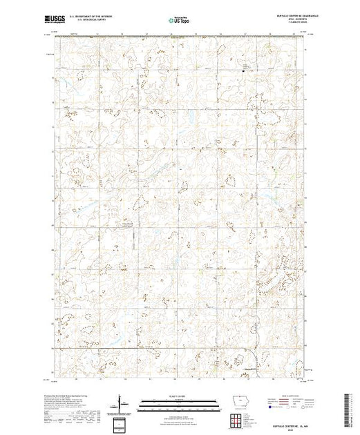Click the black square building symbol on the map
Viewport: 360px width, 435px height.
coord(243,68)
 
